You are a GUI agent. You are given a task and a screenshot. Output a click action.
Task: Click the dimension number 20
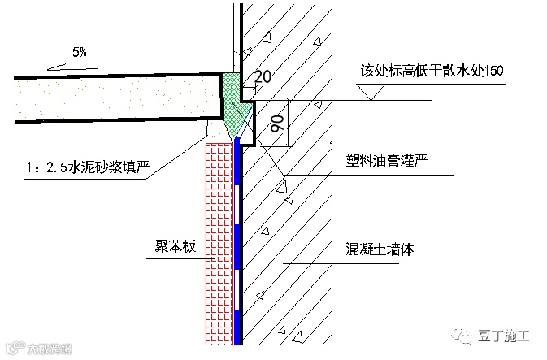coord(262,78)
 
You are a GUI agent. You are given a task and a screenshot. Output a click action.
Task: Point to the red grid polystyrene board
coord(220,244)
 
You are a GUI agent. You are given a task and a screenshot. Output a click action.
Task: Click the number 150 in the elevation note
coord(493,71)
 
